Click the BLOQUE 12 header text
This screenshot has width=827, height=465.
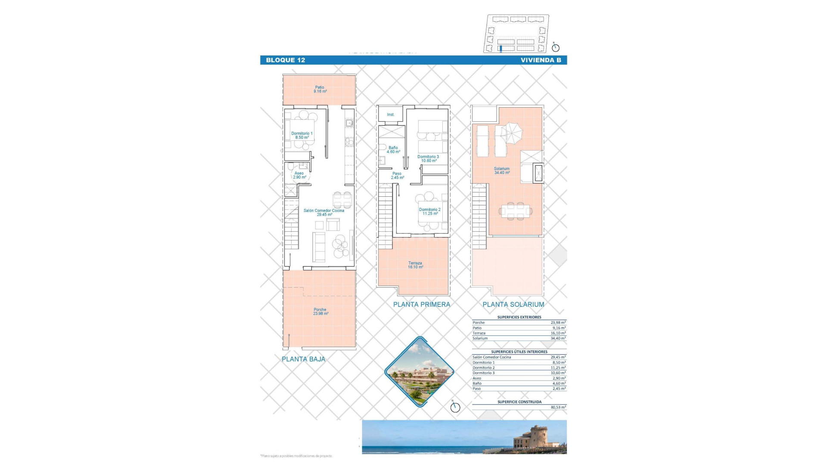click(285, 60)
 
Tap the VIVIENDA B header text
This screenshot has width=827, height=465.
click(541, 60)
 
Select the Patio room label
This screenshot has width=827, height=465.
click(320, 89)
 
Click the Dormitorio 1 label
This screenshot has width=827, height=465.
click(302, 135)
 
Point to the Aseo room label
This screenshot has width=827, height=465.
click(299, 175)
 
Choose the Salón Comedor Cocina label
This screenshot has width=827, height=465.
click(324, 212)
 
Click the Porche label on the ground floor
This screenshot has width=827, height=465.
click(320, 311)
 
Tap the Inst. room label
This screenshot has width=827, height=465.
click(391, 115)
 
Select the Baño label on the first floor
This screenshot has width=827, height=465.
click(393, 149)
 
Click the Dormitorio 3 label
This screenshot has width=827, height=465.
click(428, 158)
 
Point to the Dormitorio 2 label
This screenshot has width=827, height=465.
click(430, 211)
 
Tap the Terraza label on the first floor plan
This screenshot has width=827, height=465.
click(415, 265)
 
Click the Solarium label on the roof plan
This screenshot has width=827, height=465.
click(502, 170)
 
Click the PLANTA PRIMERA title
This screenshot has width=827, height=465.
click(421, 304)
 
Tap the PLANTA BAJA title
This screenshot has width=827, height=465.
click(303, 359)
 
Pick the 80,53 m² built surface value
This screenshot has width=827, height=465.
click(558, 407)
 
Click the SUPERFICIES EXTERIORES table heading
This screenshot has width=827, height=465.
click(519, 317)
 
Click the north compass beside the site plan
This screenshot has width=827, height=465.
click(555, 48)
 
